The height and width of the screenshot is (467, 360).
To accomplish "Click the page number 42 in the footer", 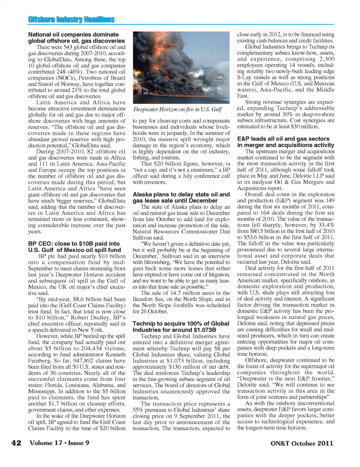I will click(16, 443).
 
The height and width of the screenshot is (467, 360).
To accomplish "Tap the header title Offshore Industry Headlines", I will click(71, 20).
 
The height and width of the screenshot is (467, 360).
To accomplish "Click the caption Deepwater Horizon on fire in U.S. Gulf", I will click(177, 110).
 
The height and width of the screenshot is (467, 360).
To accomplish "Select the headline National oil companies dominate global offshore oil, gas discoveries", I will click(76, 38).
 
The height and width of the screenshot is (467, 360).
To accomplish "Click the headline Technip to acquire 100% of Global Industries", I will click(181, 327).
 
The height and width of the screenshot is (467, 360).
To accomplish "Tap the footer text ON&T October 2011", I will click(301, 443).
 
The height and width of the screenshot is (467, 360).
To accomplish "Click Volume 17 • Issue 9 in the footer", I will click(59, 443).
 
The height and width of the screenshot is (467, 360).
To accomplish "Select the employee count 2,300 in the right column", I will click(327, 59).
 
